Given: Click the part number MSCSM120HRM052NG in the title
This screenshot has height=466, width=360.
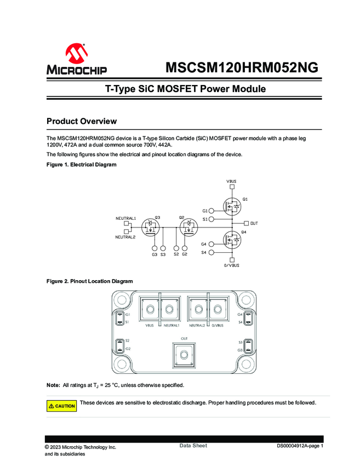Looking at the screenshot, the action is coord(242,67).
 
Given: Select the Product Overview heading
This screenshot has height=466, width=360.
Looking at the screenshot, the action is coord(82,121).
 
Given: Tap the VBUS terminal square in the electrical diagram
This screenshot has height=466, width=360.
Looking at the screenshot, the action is coord(232,186).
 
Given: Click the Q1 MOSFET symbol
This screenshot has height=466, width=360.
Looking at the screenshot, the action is coord(232,206).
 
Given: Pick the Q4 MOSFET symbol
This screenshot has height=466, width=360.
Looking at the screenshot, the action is coord(232,240).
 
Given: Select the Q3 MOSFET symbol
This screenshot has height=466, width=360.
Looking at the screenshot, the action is coord(150,228).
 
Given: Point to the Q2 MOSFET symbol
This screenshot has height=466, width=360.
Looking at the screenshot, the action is coord(188,228).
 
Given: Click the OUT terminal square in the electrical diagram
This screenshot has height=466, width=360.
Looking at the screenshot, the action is coord(246,223).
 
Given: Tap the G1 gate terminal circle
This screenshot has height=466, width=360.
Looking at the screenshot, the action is coord(211,211).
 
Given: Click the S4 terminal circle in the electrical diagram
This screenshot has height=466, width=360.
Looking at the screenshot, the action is coord(211,252).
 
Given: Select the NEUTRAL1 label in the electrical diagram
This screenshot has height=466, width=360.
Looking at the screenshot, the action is coord(125,218).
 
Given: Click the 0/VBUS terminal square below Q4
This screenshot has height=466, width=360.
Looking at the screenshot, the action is coord(232,260).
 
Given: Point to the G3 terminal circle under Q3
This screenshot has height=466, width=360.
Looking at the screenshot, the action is coord(155,248).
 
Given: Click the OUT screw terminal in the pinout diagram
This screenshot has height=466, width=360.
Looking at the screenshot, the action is coord(184,355).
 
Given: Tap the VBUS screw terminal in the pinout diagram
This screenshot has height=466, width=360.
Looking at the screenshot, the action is coord(150,309).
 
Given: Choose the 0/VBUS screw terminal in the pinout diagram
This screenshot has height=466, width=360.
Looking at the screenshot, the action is coord(218,309).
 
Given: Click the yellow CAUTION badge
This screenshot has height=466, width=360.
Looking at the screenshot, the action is coord(61,406).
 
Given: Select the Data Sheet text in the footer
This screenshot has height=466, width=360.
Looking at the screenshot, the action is coord(193,446).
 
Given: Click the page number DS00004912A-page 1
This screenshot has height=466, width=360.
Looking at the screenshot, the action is coord(300,446).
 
